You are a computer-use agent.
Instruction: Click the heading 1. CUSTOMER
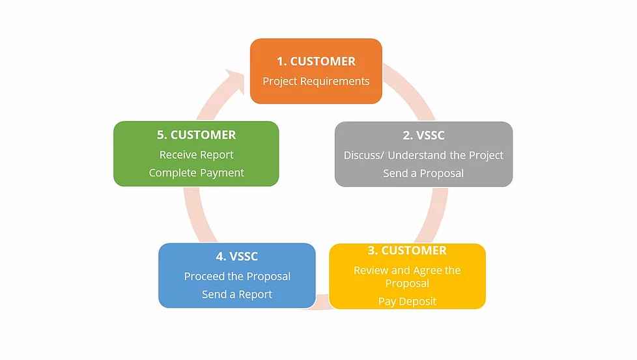tap(316, 61)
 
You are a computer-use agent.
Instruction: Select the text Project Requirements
tap(316, 81)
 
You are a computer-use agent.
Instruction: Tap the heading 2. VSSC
tap(423, 135)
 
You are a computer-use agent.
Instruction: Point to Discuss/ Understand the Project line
tap(423, 155)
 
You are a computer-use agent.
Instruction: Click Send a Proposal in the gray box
tap(423, 173)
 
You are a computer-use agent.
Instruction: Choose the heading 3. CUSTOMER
tap(407, 251)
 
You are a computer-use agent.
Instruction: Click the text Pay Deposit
tap(407, 301)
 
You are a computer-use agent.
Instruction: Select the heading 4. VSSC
tap(237, 256)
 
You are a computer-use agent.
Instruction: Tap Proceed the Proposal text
tap(237, 276)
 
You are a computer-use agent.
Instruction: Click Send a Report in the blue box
tap(237, 294)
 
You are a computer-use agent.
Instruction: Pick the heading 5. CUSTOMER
tap(196, 135)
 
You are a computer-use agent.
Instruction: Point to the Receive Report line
tap(196, 155)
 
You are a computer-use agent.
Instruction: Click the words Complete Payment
tap(196, 173)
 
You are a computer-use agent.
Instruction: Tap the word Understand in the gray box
tap(423, 155)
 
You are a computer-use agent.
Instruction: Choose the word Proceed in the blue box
tap(205, 276)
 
